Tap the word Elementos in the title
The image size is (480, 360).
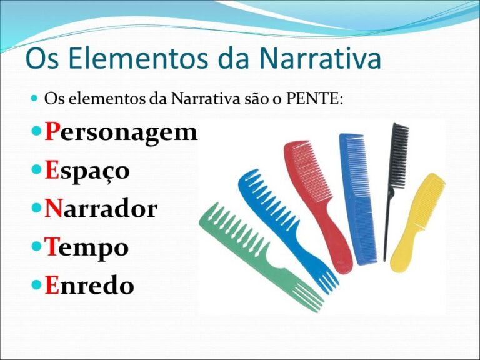[x=135, y=58]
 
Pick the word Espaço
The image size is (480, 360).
[x=87, y=171]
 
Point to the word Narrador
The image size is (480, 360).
[x=101, y=209]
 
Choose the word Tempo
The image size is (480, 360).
[x=87, y=247]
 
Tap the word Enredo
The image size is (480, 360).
[x=89, y=286]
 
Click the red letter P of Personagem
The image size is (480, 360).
[x=52, y=132]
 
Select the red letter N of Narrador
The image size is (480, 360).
[x=54, y=209]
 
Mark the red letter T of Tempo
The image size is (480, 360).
[x=52, y=247]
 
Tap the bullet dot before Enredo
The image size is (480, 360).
[x=36, y=286]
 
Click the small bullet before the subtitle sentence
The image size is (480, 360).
[x=34, y=99]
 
